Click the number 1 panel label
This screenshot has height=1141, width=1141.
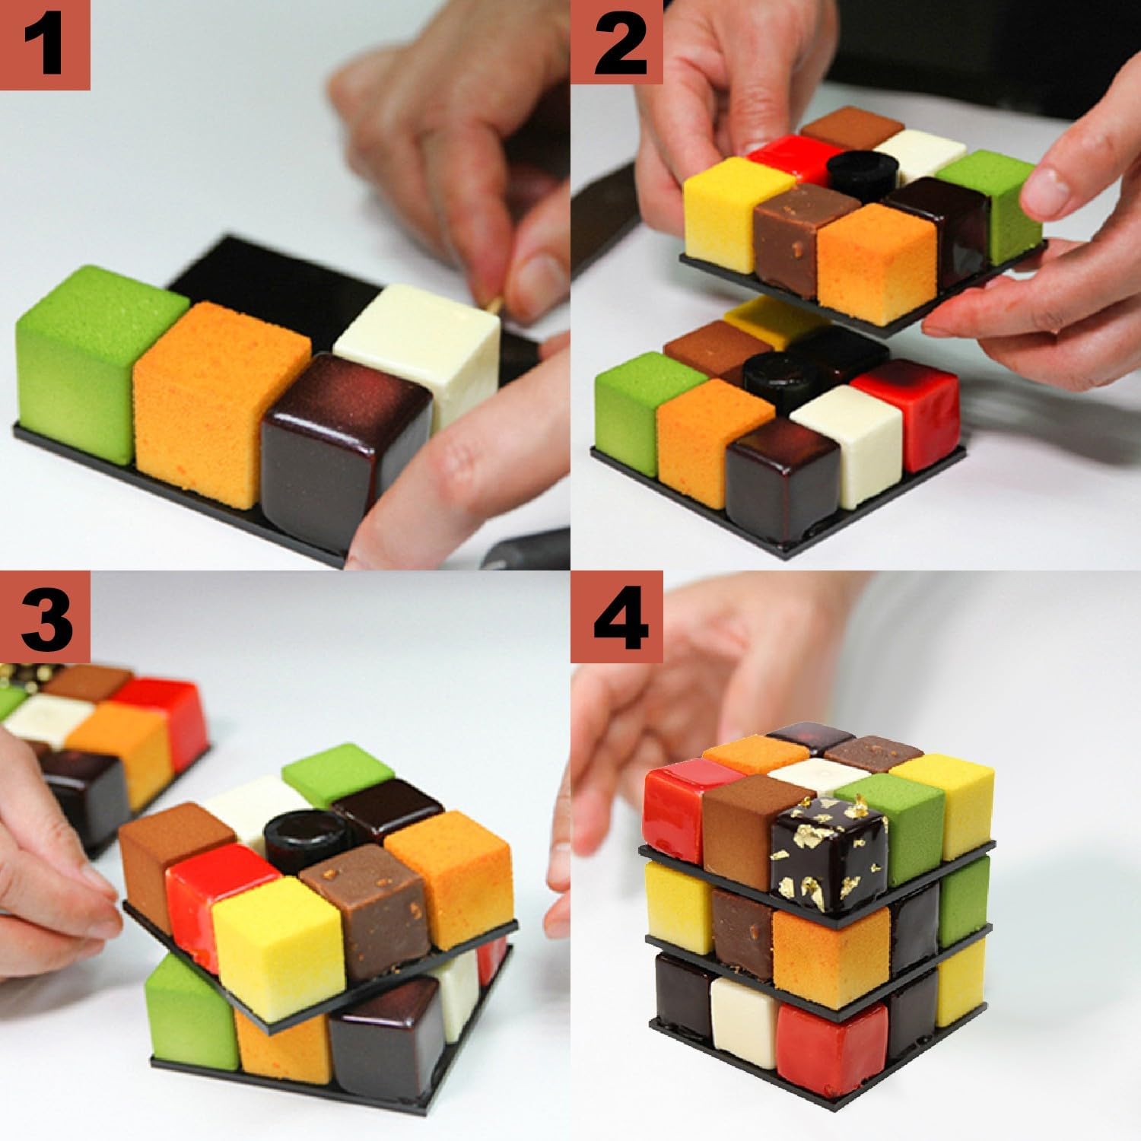coord(44,44)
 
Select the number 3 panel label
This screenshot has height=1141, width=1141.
coord(44,615)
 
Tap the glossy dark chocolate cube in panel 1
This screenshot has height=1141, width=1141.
coord(346,441)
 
